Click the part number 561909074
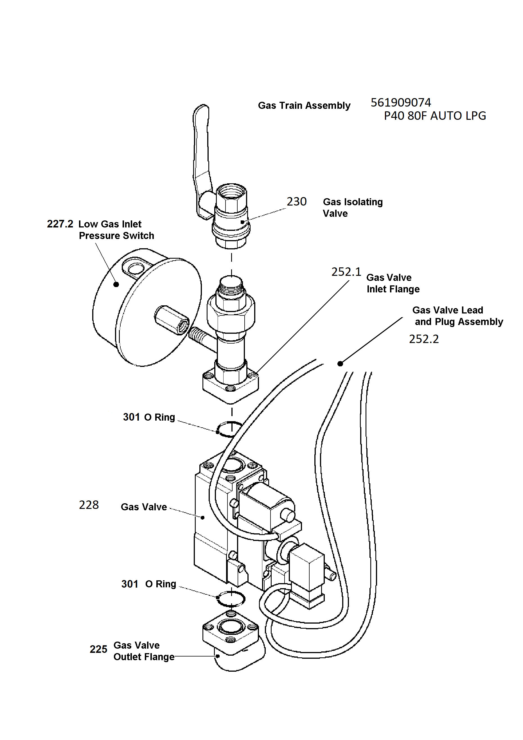coord(401,103)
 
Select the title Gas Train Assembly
coord(304,106)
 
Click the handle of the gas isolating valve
coord(202,155)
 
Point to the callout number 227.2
coord(60,224)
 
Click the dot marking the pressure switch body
coord(116,284)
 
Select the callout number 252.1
coord(346,272)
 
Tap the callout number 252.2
coord(424,339)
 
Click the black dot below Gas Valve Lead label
coord(340,364)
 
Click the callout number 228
coord(89,505)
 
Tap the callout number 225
coord(98,649)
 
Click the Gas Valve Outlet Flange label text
coord(144,651)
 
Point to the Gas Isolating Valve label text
coord(353,207)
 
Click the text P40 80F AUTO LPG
coord(435,116)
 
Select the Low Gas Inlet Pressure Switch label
coord(116,230)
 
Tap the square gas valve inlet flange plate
coord(230,387)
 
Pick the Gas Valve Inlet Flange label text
coord(393,283)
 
